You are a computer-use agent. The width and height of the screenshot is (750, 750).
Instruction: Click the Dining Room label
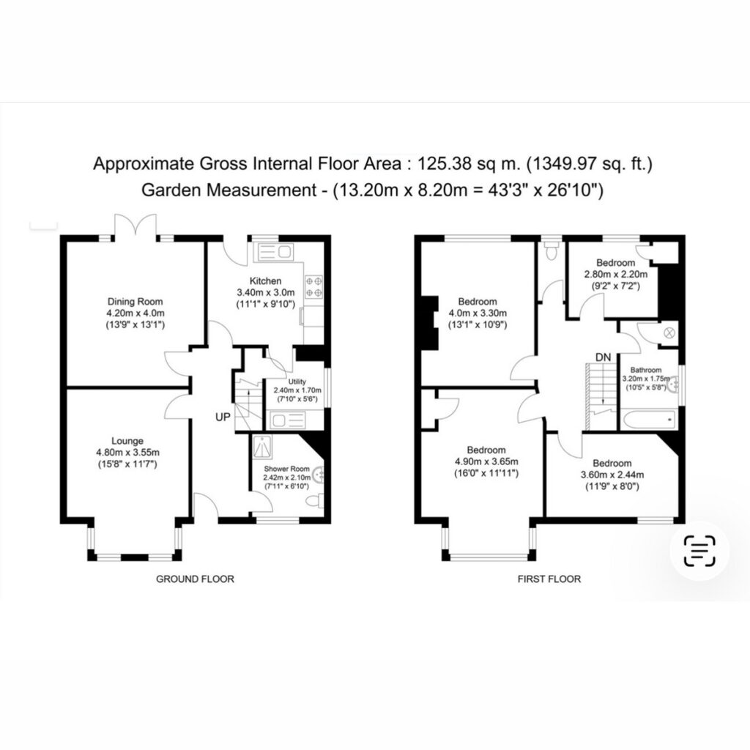click(135, 301)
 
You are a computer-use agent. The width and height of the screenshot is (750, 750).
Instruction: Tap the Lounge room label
click(127, 440)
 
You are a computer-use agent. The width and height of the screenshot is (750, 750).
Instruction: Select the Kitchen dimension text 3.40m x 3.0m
click(266, 292)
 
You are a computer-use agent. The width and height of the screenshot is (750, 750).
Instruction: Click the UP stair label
click(223, 417)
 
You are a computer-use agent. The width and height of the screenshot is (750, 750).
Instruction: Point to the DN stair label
click(604, 357)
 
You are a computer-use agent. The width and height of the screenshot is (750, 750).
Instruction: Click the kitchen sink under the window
click(275, 252)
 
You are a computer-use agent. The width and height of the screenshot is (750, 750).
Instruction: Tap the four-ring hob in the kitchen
click(313, 286)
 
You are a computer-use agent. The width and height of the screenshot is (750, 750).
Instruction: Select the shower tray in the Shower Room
click(262, 446)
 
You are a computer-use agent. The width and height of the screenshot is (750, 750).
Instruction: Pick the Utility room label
click(297, 381)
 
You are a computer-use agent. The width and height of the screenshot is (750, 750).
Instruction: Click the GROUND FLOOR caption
click(195, 579)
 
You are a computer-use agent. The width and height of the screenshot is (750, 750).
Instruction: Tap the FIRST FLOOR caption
click(549, 579)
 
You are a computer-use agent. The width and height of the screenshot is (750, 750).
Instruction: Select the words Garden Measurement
click(229, 190)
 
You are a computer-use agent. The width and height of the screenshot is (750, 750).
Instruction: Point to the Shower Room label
click(286, 469)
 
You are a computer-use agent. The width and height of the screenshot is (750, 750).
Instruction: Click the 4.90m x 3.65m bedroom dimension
click(486, 461)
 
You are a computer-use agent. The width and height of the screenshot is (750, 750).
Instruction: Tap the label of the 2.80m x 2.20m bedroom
click(615, 263)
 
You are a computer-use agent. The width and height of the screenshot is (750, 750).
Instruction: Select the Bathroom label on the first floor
click(646, 370)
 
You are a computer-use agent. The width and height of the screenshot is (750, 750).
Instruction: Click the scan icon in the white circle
click(699, 551)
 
